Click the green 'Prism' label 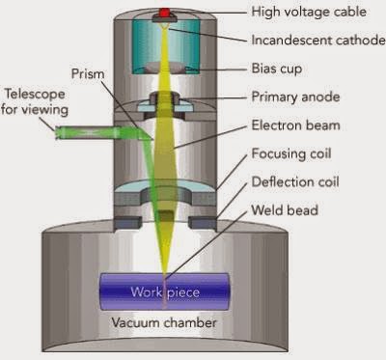click(86, 73)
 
